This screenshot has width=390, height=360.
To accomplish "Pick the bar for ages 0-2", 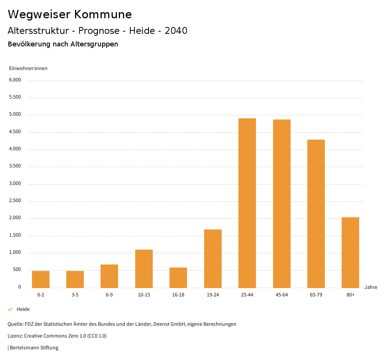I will [41, 279].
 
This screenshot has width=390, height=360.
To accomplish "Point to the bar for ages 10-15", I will [144, 269].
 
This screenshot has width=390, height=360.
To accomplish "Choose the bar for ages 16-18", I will [178, 277].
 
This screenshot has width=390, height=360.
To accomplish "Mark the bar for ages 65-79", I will [316, 213].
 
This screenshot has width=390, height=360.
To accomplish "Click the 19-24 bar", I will [213, 258].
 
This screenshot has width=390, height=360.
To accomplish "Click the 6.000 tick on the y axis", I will [15, 80].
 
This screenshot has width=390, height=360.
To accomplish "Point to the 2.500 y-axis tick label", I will [15, 201].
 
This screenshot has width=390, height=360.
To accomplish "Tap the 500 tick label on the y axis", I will [17, 270].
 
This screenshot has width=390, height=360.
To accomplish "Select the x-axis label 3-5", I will [75, 295].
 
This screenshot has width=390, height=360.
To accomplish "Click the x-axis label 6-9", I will [109, 295].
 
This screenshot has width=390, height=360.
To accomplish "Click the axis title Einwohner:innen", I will [28, 68].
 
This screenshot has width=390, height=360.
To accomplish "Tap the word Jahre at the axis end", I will [371, 287].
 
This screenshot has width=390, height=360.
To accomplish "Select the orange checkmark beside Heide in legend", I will [10, 309].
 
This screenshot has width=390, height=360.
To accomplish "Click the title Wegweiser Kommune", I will [70, 14].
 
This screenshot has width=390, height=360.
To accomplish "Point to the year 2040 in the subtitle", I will [176, 31].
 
